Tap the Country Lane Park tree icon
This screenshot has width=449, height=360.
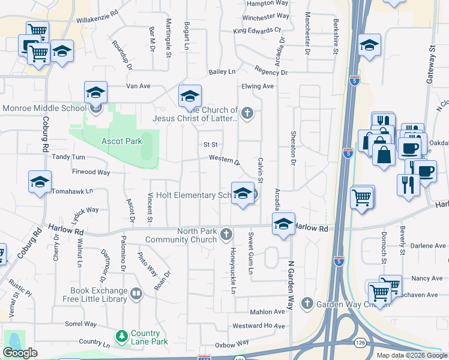122,335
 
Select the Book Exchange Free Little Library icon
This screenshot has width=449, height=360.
136,293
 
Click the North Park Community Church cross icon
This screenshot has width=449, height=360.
226,233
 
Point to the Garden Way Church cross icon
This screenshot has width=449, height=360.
307,302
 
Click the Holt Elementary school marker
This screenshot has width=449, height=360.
242,193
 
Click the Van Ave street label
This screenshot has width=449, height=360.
137,86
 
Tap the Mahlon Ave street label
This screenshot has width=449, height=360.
267,312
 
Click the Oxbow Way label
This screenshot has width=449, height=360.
232,344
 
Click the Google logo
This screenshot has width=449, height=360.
20,353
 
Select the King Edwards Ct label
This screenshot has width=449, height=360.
257,30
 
